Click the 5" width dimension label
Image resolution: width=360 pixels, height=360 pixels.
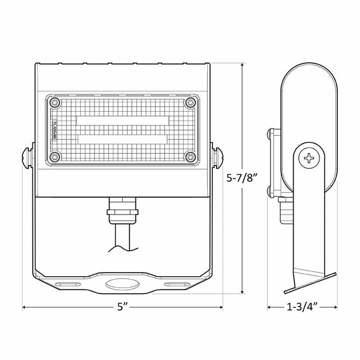122,308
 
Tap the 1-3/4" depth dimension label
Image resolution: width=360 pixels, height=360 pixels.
302,308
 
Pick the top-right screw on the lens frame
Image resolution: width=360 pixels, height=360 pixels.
191,104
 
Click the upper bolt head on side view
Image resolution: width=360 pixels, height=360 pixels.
271,135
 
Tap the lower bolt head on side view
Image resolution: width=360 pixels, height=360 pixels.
271,192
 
